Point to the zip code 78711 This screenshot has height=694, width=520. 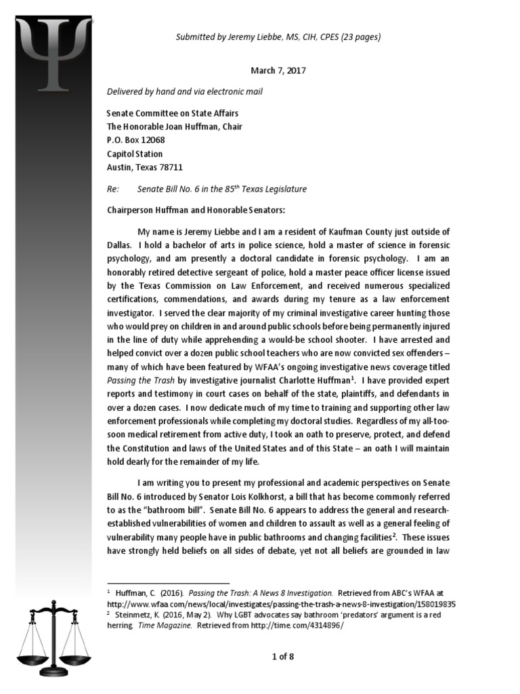(168, 167)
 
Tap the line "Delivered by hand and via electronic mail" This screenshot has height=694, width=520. (186, 91)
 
